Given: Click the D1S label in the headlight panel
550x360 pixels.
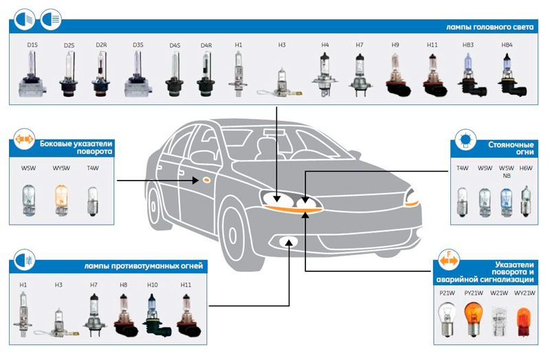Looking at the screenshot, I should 32,45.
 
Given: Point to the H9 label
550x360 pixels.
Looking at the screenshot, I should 395,45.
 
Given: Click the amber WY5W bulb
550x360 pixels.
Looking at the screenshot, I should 61,197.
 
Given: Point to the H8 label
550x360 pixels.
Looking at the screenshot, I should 123,284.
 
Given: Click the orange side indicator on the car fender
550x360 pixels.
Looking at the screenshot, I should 205,181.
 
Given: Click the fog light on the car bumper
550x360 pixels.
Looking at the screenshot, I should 287,240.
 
